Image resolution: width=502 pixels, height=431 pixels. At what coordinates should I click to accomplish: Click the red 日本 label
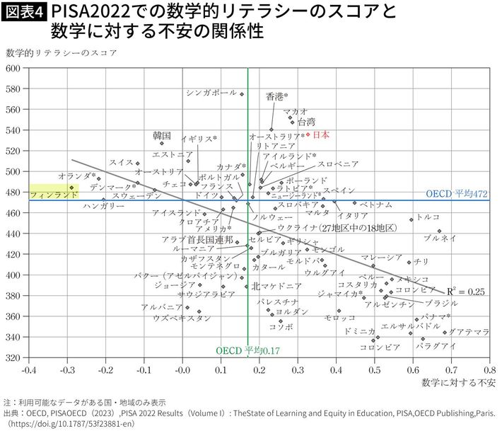321,134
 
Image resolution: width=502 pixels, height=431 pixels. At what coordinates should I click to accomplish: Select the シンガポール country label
211,93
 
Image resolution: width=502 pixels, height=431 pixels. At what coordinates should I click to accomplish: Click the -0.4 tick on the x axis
29,369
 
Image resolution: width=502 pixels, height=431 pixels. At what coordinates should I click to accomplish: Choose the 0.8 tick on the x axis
489,369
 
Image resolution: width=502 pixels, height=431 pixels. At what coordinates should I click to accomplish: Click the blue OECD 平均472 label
457,193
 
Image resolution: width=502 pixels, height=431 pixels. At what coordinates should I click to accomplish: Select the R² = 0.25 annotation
466,291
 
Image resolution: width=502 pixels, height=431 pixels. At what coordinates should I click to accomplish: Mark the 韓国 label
162,135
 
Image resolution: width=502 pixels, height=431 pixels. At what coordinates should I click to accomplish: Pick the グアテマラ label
469,331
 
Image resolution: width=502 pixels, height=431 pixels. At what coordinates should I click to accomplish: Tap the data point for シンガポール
242,94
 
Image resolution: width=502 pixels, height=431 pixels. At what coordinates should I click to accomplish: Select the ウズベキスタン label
182,318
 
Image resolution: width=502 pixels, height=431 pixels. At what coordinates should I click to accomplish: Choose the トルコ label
428,217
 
